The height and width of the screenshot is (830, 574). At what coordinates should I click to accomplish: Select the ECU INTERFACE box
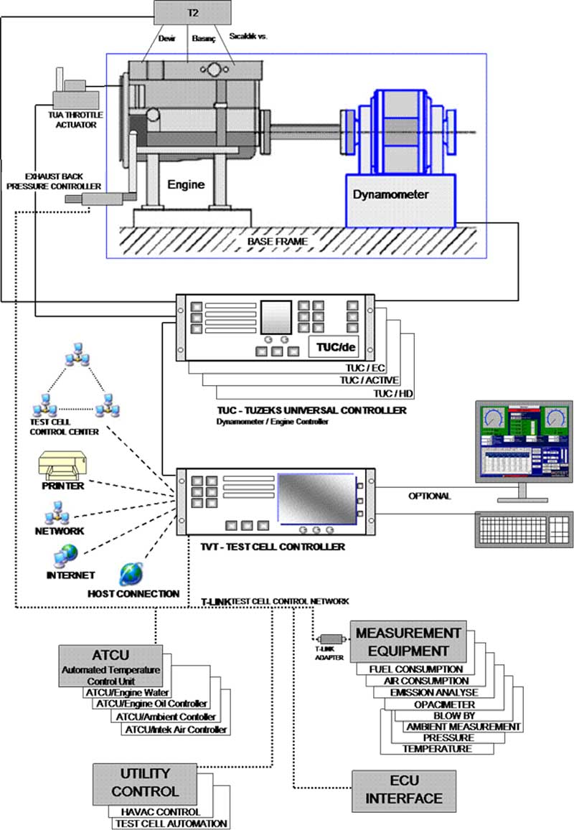click(x=403, y=791)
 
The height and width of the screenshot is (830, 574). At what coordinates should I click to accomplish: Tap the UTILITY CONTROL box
click(x=145, y=783)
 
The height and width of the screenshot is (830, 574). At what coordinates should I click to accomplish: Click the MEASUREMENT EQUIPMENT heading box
click(x=408, y=642)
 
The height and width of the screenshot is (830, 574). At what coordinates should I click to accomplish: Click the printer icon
click(x=63, y=466)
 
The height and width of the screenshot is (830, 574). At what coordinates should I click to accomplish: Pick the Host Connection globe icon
click(x=131, y=572)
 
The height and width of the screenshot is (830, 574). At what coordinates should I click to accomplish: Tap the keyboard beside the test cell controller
click(x=524, y=529)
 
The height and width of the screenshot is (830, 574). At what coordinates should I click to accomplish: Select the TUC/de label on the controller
click(x=337, y=348)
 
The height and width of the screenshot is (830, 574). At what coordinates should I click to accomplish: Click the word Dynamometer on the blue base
click(x=390, y=194)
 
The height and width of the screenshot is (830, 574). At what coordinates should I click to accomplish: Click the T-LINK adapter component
click(x=331, y=638)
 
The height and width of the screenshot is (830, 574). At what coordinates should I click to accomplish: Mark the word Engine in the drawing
click(x=186, y=184)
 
